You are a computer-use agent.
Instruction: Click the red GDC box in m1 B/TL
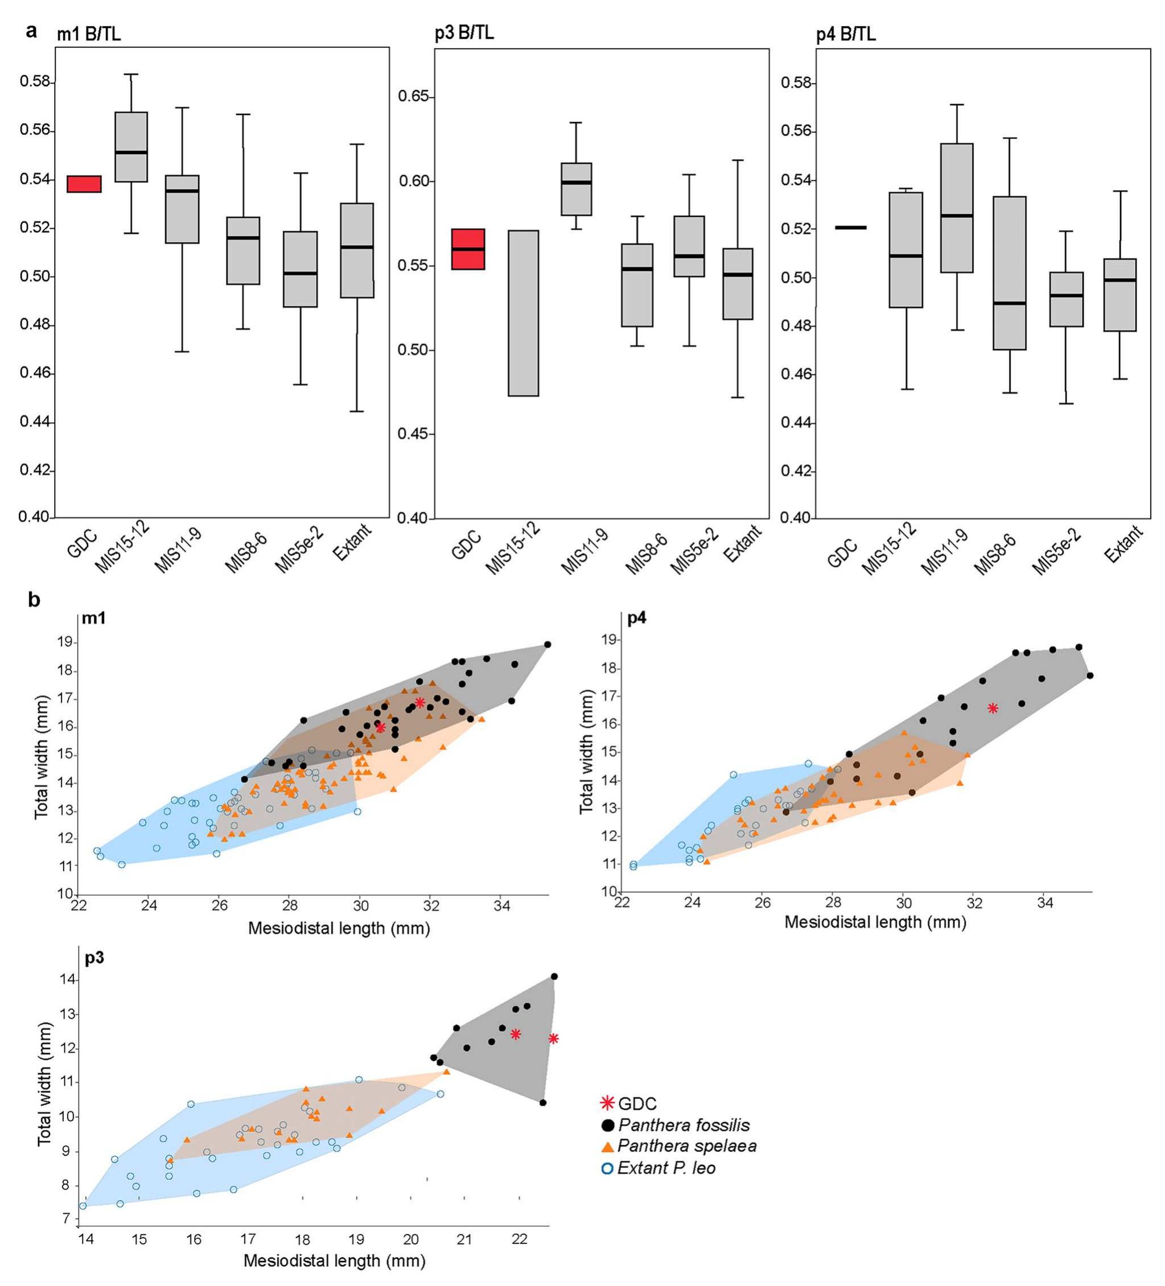pyautogui.click(x=84, y=184)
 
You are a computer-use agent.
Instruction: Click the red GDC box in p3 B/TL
pyautogui.click(x=468, y=249)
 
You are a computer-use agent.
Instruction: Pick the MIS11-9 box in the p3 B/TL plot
pyautogui.click(x=576, y=189)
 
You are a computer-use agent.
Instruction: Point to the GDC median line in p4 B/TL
pyautogui.click(x=850, y=228)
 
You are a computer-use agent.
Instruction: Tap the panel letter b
pyautogui.click(x=33, y=600)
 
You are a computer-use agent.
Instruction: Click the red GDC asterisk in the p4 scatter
pyautogui.click(x=993, y=708)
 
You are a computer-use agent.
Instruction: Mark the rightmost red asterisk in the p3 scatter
pyautogui.click(x=554, y=1039)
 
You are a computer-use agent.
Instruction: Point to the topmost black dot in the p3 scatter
pyautogui.click(x=554, y=976)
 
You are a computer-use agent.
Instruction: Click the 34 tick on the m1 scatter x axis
pyautogui.click(x=501, y=905)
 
